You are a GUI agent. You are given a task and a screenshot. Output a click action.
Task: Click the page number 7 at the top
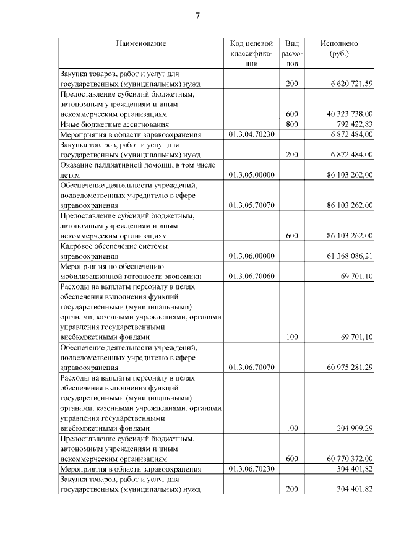198,15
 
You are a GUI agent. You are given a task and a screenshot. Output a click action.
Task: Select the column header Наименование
140,43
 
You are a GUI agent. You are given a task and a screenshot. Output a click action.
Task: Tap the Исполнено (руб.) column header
339,48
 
